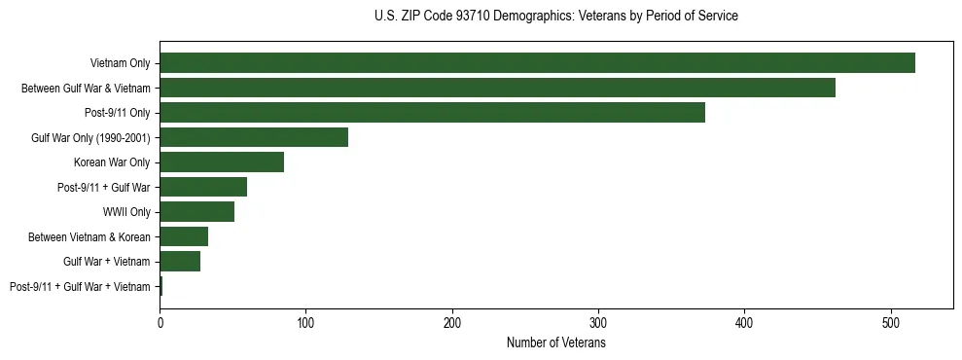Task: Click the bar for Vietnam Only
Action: click(x=537, y=63)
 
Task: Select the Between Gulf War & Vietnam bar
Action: click(x=497, y=88)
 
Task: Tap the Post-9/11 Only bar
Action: click(x=432, y=113)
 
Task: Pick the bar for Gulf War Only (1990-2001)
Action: click(x=254, y=137)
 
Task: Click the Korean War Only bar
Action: click(x=222, y=162)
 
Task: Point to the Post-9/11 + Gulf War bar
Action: click(x=203, y=187)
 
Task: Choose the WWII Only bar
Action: click(x=196, y=212)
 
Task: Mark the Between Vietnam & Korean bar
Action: click(x=184, y=236)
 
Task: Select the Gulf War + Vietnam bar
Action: click(x=180, y=262)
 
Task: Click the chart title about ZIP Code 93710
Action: click(x=555, y=17)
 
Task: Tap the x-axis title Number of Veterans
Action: click(x=555, y=343)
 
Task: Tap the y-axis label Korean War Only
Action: click(x=112, y=162)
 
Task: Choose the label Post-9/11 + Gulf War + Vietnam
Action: click(x=80, y=286)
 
